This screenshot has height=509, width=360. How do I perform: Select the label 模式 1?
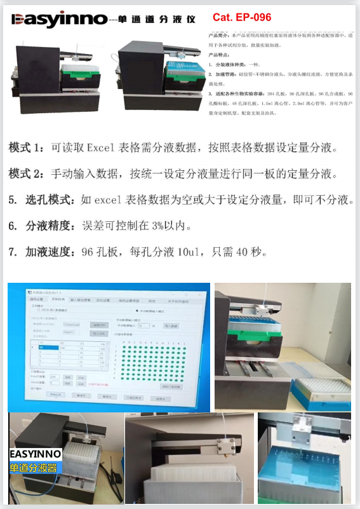(x=27, y=148)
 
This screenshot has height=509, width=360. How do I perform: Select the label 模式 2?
(x=27, y=173)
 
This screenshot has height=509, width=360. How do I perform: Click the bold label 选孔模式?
(x=50, y=200)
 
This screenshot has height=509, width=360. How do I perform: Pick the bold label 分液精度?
(x=50, y=226)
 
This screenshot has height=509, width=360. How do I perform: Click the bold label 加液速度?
(x=50, y=252)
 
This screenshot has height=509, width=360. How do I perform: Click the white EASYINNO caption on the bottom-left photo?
(x=36, y=454)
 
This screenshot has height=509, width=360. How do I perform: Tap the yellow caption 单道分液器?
(x=34, y=468)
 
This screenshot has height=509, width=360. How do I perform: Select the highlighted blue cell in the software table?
(x=44, y=348)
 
